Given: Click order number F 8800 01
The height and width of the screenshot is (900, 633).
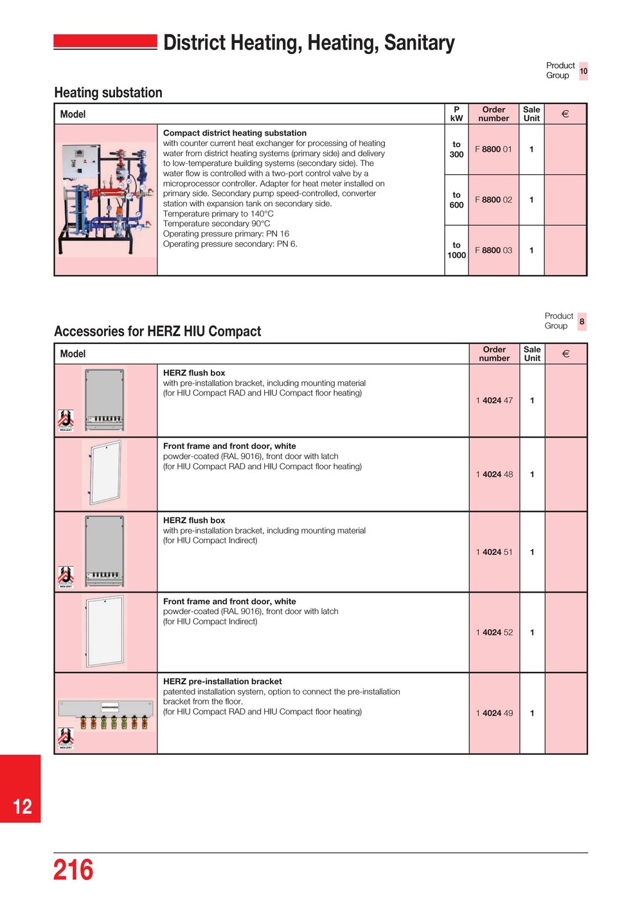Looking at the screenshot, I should [x=494, y=149].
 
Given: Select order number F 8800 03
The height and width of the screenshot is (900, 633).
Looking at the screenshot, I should [x=494, y=250].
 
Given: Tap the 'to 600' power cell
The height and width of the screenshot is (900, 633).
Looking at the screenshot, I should [x=456, y=200].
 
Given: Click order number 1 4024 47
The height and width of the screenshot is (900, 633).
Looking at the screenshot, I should [x=494, y=401].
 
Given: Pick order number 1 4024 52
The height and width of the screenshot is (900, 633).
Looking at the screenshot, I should [x=494, y=633].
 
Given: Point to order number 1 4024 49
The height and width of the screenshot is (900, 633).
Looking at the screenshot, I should [x=494, y=713].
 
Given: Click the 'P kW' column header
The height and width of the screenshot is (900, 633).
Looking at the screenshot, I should [x=456, y=114].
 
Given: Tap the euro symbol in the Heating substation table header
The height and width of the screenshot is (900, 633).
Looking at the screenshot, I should [x=565, y=114].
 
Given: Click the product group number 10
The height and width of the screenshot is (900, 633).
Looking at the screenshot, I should [x=584, y=71].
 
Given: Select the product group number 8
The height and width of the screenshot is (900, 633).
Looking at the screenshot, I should [x=582, y=321].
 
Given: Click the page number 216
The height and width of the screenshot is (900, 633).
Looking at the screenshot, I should [x=73, y=870].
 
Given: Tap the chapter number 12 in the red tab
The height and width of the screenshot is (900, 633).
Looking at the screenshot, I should [x=22, y=807].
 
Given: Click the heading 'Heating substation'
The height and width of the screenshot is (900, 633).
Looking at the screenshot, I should [x=108, y=93].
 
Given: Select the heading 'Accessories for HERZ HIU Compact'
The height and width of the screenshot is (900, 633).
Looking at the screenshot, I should [x=157, y=331].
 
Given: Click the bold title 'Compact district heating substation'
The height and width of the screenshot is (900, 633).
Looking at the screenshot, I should [x=235, y=133].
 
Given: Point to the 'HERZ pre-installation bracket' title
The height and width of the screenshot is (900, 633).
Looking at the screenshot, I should [x=222, y=681].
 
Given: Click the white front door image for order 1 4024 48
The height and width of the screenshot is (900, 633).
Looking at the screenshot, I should [x=105, y=473].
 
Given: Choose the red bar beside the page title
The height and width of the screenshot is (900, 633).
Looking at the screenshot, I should [x=105, y=42].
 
